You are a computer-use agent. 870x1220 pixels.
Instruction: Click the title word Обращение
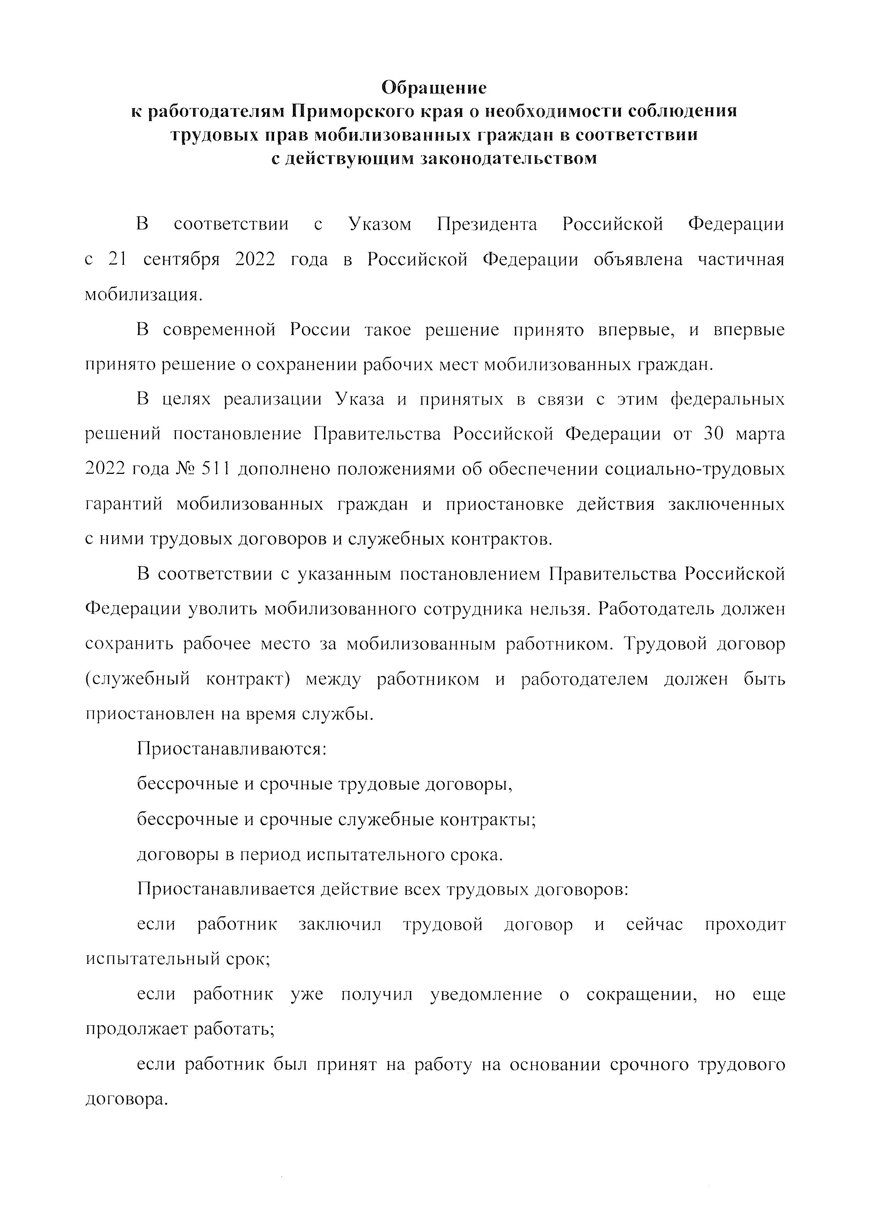(434, 87)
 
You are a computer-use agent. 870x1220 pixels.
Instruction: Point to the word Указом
(380, 224)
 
